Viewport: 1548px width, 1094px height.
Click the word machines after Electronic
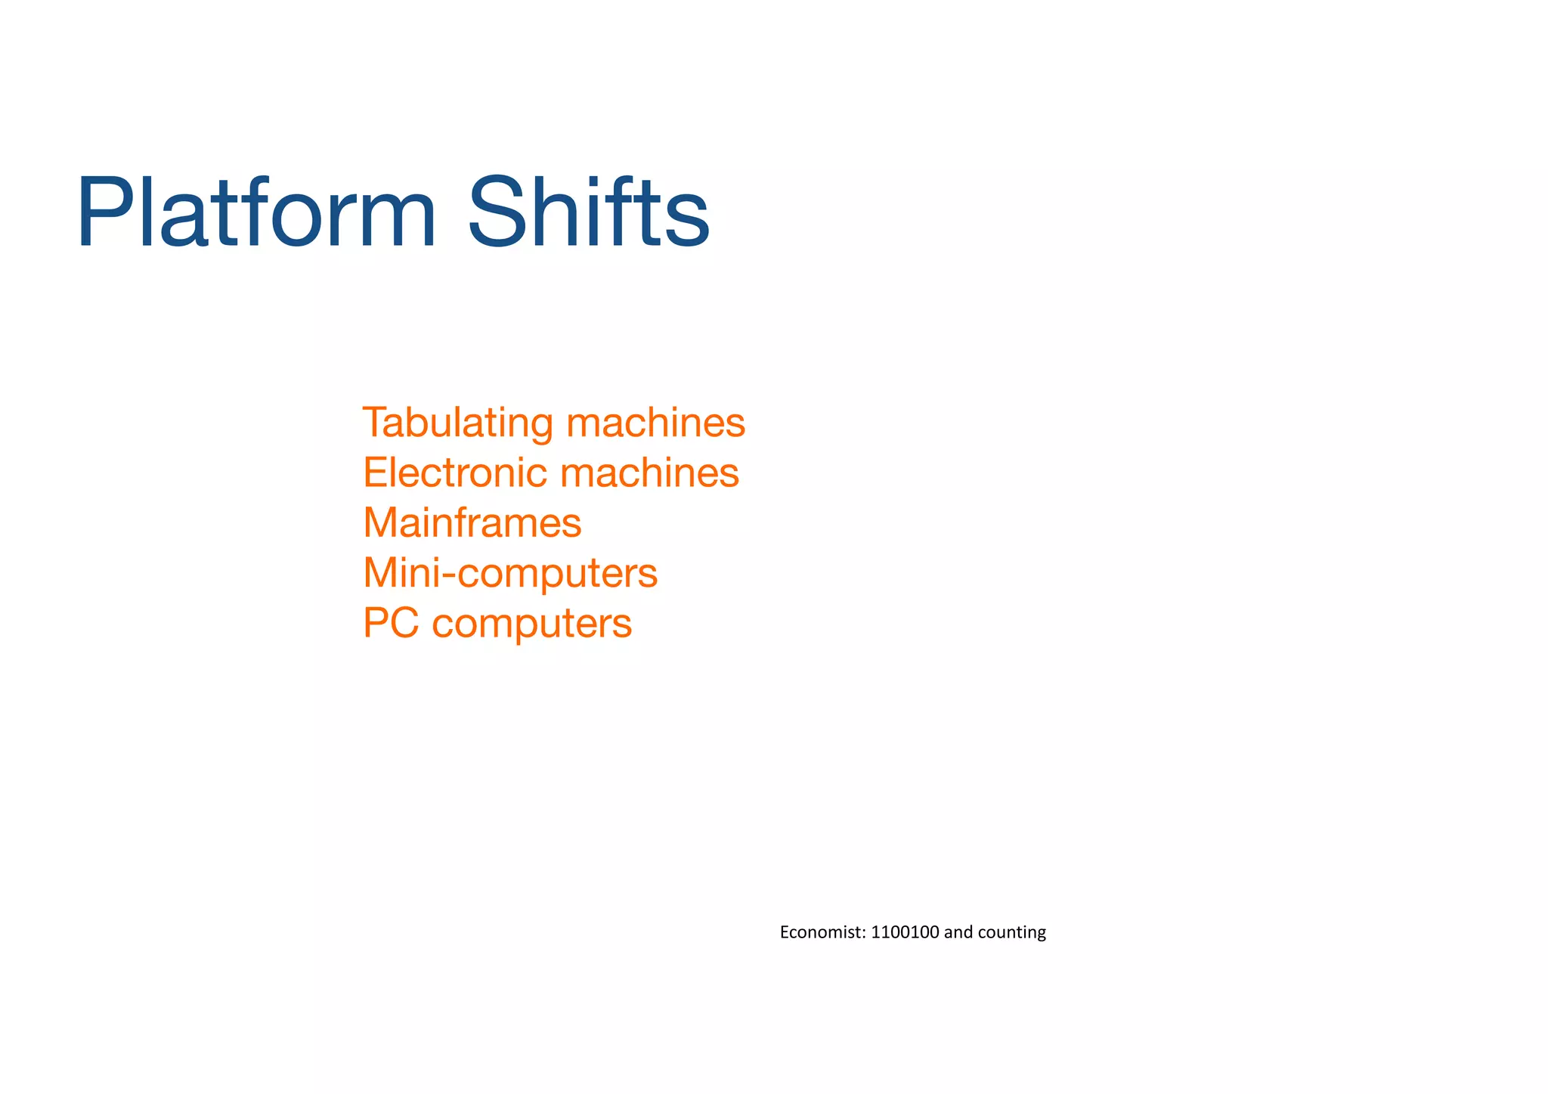click(x=649, y=473)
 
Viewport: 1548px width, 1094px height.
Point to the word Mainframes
click(x=472, y=522)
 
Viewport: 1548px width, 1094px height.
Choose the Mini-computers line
click(x=510, y=573)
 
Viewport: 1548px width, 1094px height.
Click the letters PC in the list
click(x=391, y=623)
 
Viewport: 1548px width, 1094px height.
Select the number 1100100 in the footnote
click(x=905, y=932)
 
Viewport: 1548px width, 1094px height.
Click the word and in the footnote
click(x=958, y=932)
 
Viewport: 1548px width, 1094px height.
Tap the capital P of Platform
click(x=101, y=213)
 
